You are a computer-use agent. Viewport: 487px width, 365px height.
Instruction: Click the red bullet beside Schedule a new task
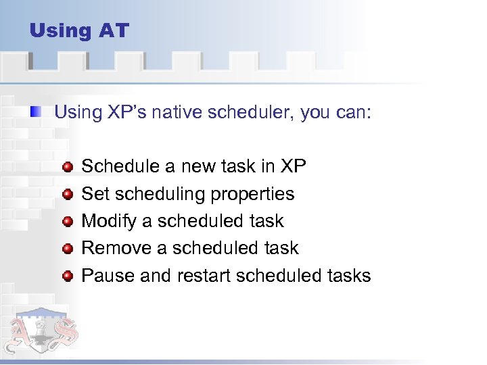pos(68,166)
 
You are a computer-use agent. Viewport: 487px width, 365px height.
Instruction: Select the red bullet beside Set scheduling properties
pos(68,194)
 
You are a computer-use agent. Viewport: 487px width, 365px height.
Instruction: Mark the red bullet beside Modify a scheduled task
pos(68,221)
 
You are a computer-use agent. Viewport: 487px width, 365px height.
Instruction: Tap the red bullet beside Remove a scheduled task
pos(68,249)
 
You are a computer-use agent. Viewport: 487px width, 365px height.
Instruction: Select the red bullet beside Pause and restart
pos(68,276)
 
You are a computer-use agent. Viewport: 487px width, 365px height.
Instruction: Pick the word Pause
pos(104,276)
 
